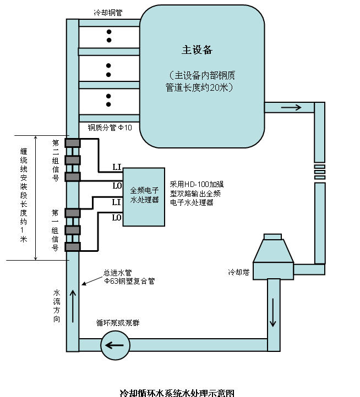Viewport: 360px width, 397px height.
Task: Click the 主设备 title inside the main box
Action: (x=197, y=50)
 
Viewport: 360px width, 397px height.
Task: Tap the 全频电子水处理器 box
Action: (x=143, y=196)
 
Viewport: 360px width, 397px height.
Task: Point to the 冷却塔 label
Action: (x=239, y=272)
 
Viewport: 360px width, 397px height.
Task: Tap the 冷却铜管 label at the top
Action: (x=108, y=12)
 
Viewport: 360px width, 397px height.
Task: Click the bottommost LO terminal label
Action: (x=117, y=218)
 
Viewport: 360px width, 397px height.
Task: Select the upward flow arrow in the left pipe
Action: (x=72, y=303)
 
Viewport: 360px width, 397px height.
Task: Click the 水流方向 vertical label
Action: (x=57, y=306)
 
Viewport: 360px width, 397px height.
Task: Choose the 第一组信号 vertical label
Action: (x=56, y=230)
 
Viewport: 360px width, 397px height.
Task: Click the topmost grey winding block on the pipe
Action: (x=73, y=143)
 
